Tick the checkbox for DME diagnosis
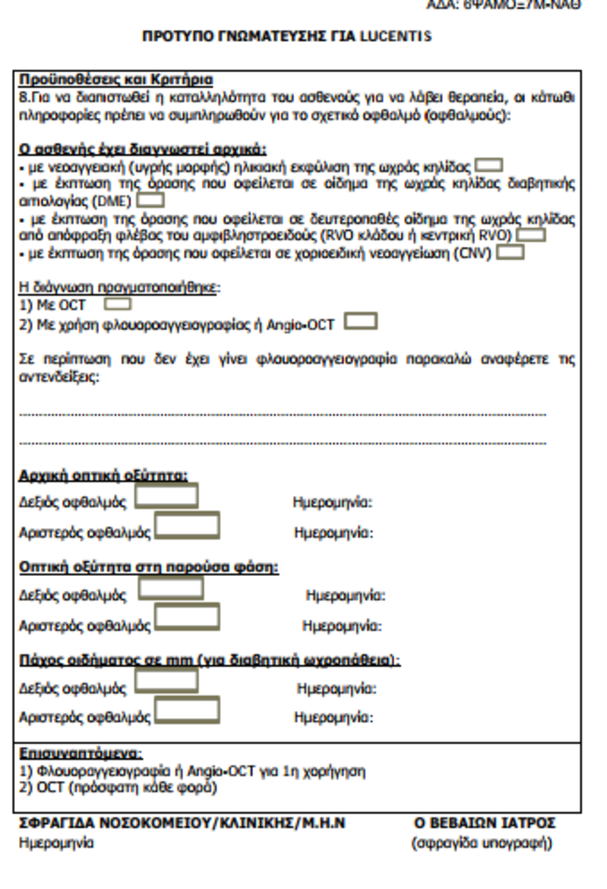[150, 200]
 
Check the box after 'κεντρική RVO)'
[531, 235]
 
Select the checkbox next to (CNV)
[510, 252]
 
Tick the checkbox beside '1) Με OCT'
[117, 304]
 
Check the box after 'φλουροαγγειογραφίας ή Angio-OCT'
[361, 321]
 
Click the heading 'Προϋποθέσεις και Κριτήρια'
[116, 79]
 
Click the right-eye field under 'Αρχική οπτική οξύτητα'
[166, 496]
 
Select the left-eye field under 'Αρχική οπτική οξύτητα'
[187, 526]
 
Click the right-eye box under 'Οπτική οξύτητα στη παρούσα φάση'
[171, 588]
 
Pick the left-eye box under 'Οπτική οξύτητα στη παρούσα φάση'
[187, 617]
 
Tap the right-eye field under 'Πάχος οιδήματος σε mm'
[166, 680]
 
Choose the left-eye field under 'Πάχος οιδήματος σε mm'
[187, 710]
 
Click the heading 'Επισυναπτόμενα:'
[81, 753]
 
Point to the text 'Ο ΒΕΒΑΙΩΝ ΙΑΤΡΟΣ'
[484, 823]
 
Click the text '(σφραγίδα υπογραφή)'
[482, 843]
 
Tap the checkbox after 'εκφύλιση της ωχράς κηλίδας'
[489, 166]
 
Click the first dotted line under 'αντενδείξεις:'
[282, 415]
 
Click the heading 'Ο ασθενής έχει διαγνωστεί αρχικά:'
[143, 149]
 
